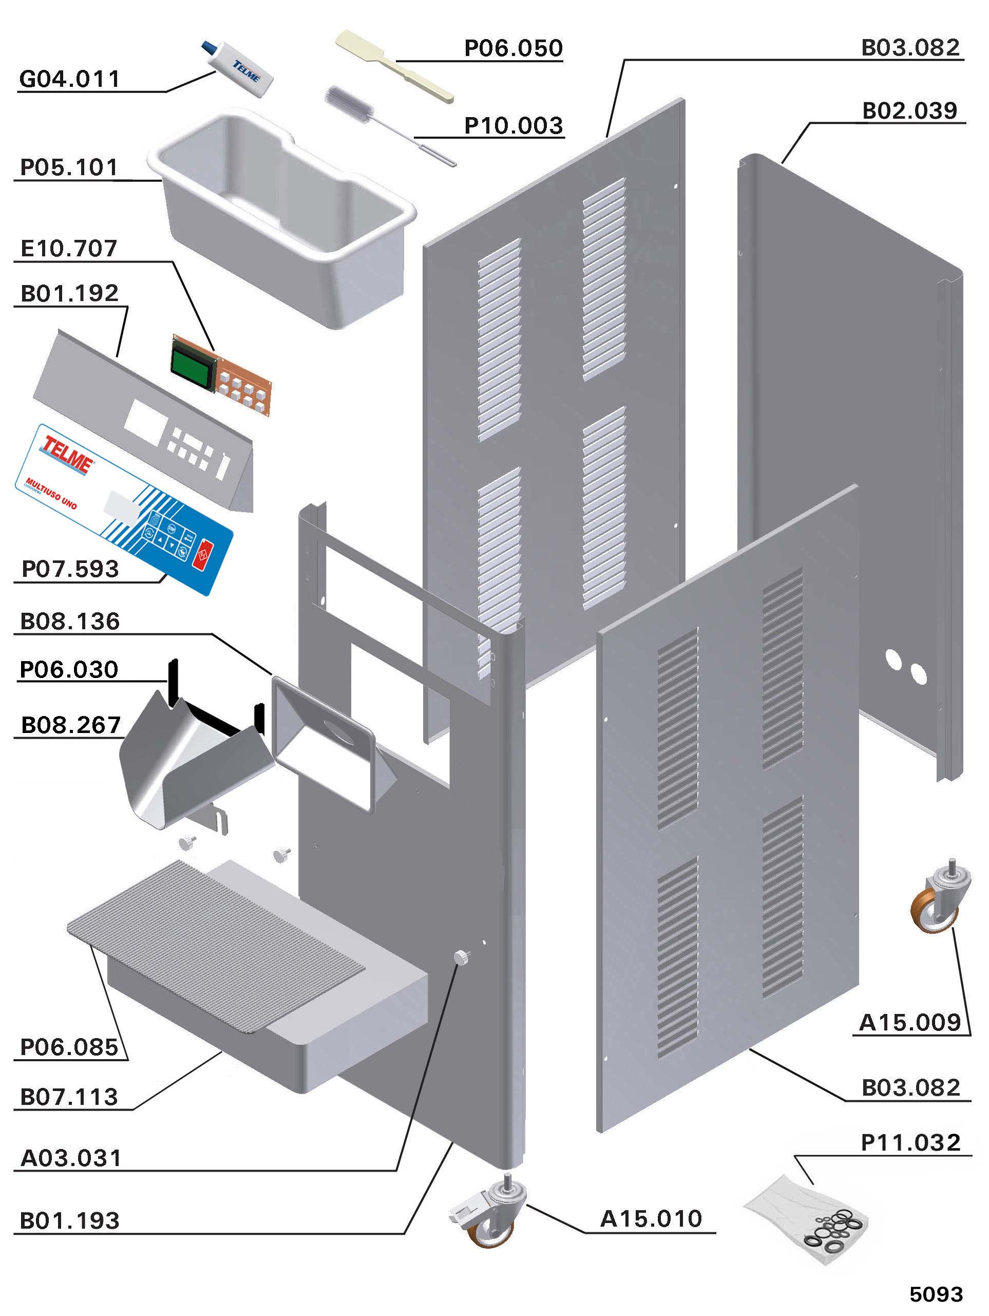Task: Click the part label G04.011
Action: pyautogui.click(x=70, y=79)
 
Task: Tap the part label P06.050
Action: pyautogui.click(x=512, y=48)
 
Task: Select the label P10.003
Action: pyautogui.click(x=512, y=125)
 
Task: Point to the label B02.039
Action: pyautogui.click(x=909, y=110)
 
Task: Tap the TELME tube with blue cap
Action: pyautogui.click(x=241, y=67)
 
